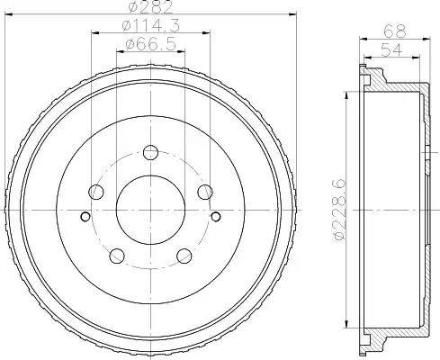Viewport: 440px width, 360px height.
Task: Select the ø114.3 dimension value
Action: coord(149,26)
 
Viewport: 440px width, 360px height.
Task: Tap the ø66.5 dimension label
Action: coord(149,44)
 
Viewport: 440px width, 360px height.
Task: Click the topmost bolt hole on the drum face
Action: coord(150,151)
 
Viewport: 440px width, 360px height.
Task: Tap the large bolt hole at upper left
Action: coord(95,191)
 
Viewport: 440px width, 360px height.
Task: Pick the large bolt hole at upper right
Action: coord(205,191)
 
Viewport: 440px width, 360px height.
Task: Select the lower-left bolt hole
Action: coord(116,255)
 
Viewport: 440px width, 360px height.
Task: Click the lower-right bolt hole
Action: coord(184,255)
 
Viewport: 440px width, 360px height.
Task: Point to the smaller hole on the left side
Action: coord(85,216)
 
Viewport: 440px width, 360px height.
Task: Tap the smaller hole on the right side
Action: coord(216,216)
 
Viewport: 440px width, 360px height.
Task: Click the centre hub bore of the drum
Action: coord(150,209)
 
